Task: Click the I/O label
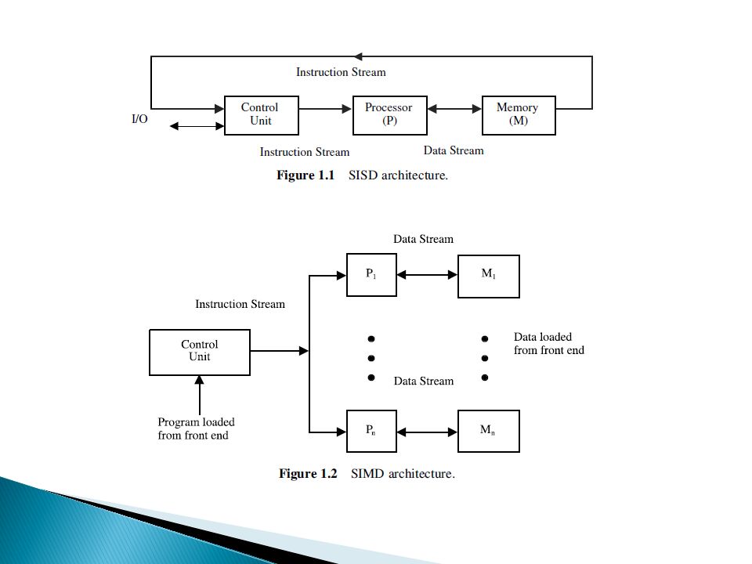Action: click(x=139, y=119)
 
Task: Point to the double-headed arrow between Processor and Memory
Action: click(x=454, y=109)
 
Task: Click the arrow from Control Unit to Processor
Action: click(x=326, y=109)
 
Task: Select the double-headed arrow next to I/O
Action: click(x=197, y=126)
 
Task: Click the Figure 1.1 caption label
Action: click(x=305, y=175)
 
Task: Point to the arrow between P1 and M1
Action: click(x=428, y=275)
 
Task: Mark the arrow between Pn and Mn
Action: click(x=428, y=432)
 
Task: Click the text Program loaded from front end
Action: click(x=196, y=428)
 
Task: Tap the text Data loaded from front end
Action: click(x=549, y=343)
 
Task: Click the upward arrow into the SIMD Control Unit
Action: click(x=200, y=395)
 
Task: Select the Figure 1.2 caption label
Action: click(x=308, y=474)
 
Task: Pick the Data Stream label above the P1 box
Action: click(x=424, y=239)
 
